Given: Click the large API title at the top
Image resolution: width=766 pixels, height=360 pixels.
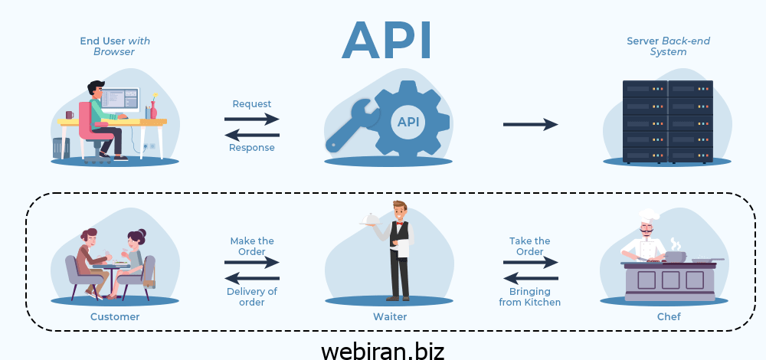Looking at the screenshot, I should click(x=387, y=40).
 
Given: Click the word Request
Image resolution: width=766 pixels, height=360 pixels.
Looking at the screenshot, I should click(x=252, y=104).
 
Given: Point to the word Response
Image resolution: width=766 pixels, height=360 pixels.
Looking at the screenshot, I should click(x=252, y=148).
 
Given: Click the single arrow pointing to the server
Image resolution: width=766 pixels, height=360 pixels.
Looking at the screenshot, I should click(x=530, y=124).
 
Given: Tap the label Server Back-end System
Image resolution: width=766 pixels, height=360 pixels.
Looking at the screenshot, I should click(x=657, y=46).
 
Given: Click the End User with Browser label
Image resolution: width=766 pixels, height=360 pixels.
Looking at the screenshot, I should click(x=114, y=46).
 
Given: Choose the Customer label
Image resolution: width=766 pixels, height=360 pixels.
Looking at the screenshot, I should click(x=115, y=316).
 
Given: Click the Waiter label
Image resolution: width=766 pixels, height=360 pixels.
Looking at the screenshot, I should click(x=391, y=316).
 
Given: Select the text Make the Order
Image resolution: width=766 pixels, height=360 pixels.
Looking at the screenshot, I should click(x=252, y=246).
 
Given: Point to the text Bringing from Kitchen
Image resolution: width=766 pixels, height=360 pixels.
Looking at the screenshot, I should click(x=530, y=296).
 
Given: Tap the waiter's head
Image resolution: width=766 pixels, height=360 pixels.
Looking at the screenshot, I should click(x=399, y=209).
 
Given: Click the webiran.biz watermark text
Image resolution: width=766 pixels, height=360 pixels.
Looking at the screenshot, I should click(x=382, y=350).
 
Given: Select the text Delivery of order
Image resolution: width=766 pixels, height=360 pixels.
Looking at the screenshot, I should click(x=252, y=296).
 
